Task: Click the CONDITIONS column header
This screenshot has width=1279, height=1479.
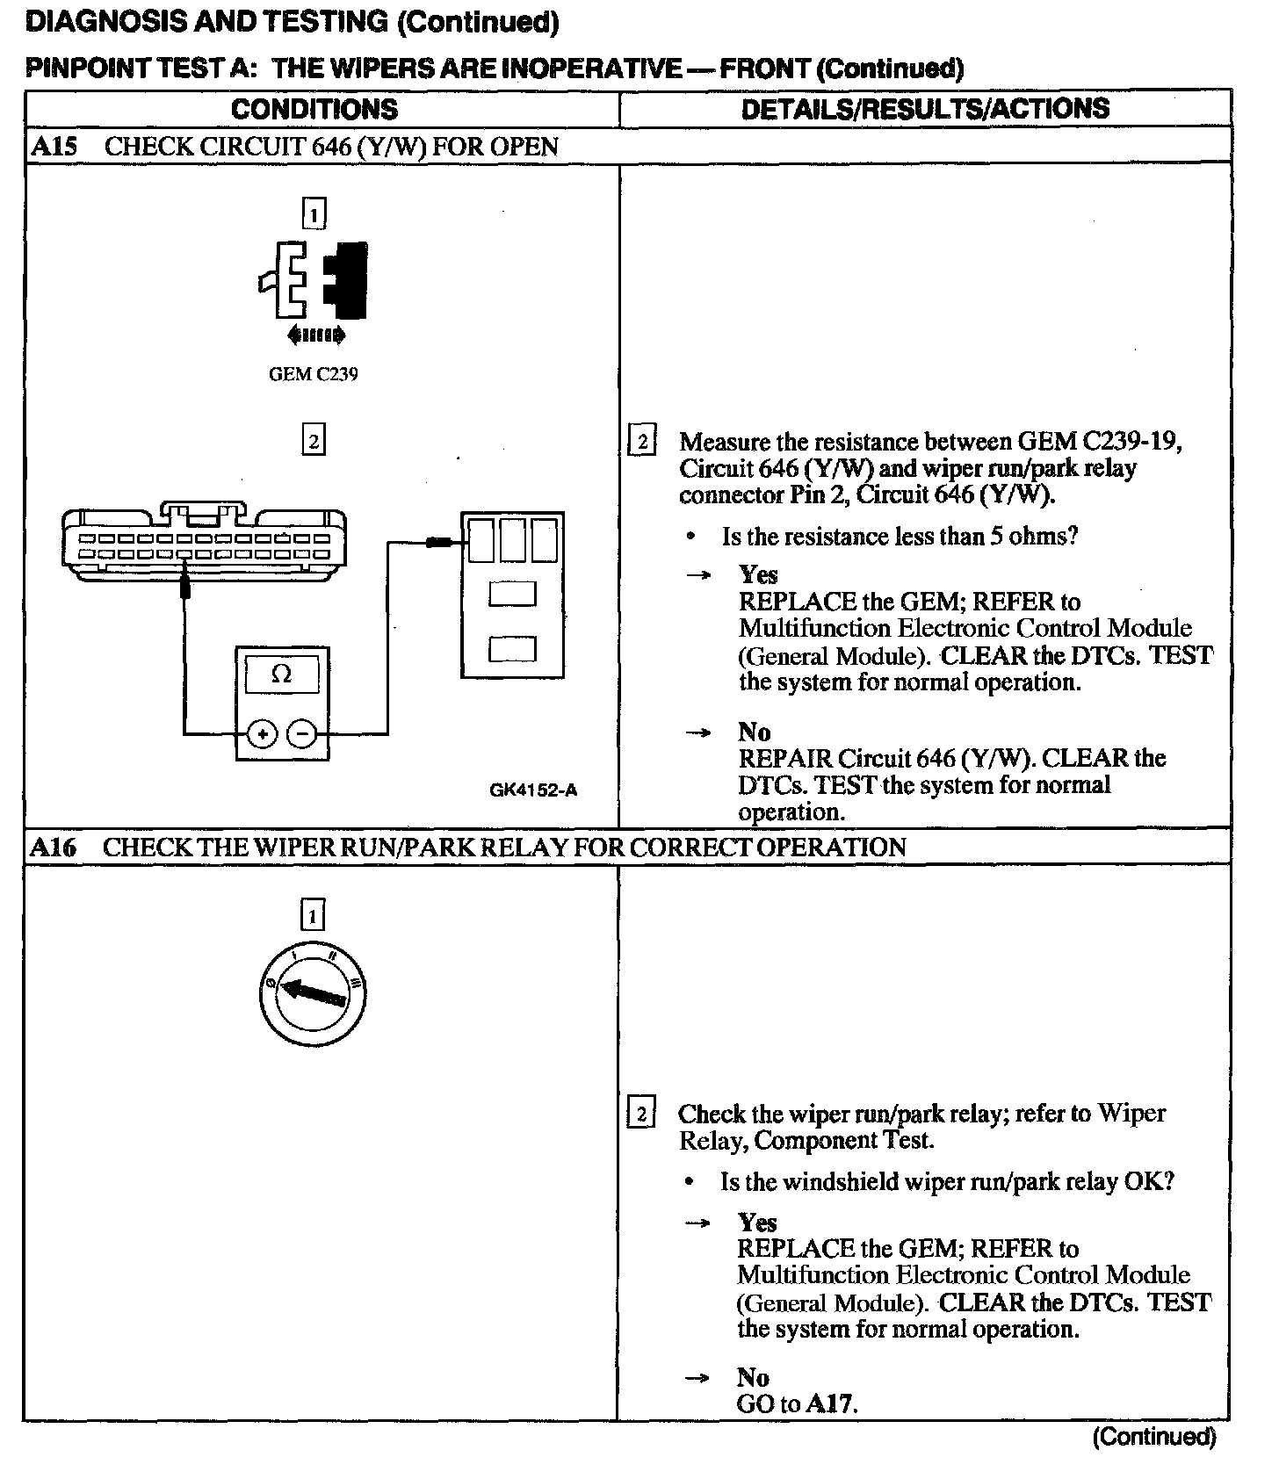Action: pos(314,109)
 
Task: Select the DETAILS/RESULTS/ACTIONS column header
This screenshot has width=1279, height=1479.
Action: pos(924,109)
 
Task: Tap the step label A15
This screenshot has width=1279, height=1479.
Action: pos(54,147)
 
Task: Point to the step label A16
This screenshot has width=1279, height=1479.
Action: pos(53,848)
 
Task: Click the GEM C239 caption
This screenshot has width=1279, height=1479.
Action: pos(313,374)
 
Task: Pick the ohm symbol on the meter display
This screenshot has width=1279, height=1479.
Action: pos(281,675)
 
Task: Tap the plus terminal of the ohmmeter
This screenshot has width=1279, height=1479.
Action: pos(261,732)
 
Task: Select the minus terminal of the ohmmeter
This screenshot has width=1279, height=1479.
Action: pos(302,732)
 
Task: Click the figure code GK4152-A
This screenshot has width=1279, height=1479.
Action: pos(533,790)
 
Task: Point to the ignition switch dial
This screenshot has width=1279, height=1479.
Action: pos(314,994)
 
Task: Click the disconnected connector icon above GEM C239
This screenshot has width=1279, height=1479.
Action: pos(314,279)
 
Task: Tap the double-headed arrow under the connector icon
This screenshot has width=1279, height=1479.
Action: pos(315,335)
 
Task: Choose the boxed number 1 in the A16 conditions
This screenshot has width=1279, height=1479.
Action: pos(313,917)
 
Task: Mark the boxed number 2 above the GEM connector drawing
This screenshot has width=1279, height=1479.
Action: pos(313,439)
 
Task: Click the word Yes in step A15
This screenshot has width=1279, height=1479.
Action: pos(758,575)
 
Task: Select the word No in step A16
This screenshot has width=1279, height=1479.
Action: pos(753,1378)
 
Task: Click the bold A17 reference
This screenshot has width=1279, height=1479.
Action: pos(830,1403)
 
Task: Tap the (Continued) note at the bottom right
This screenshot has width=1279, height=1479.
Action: pos(1153,1438)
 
